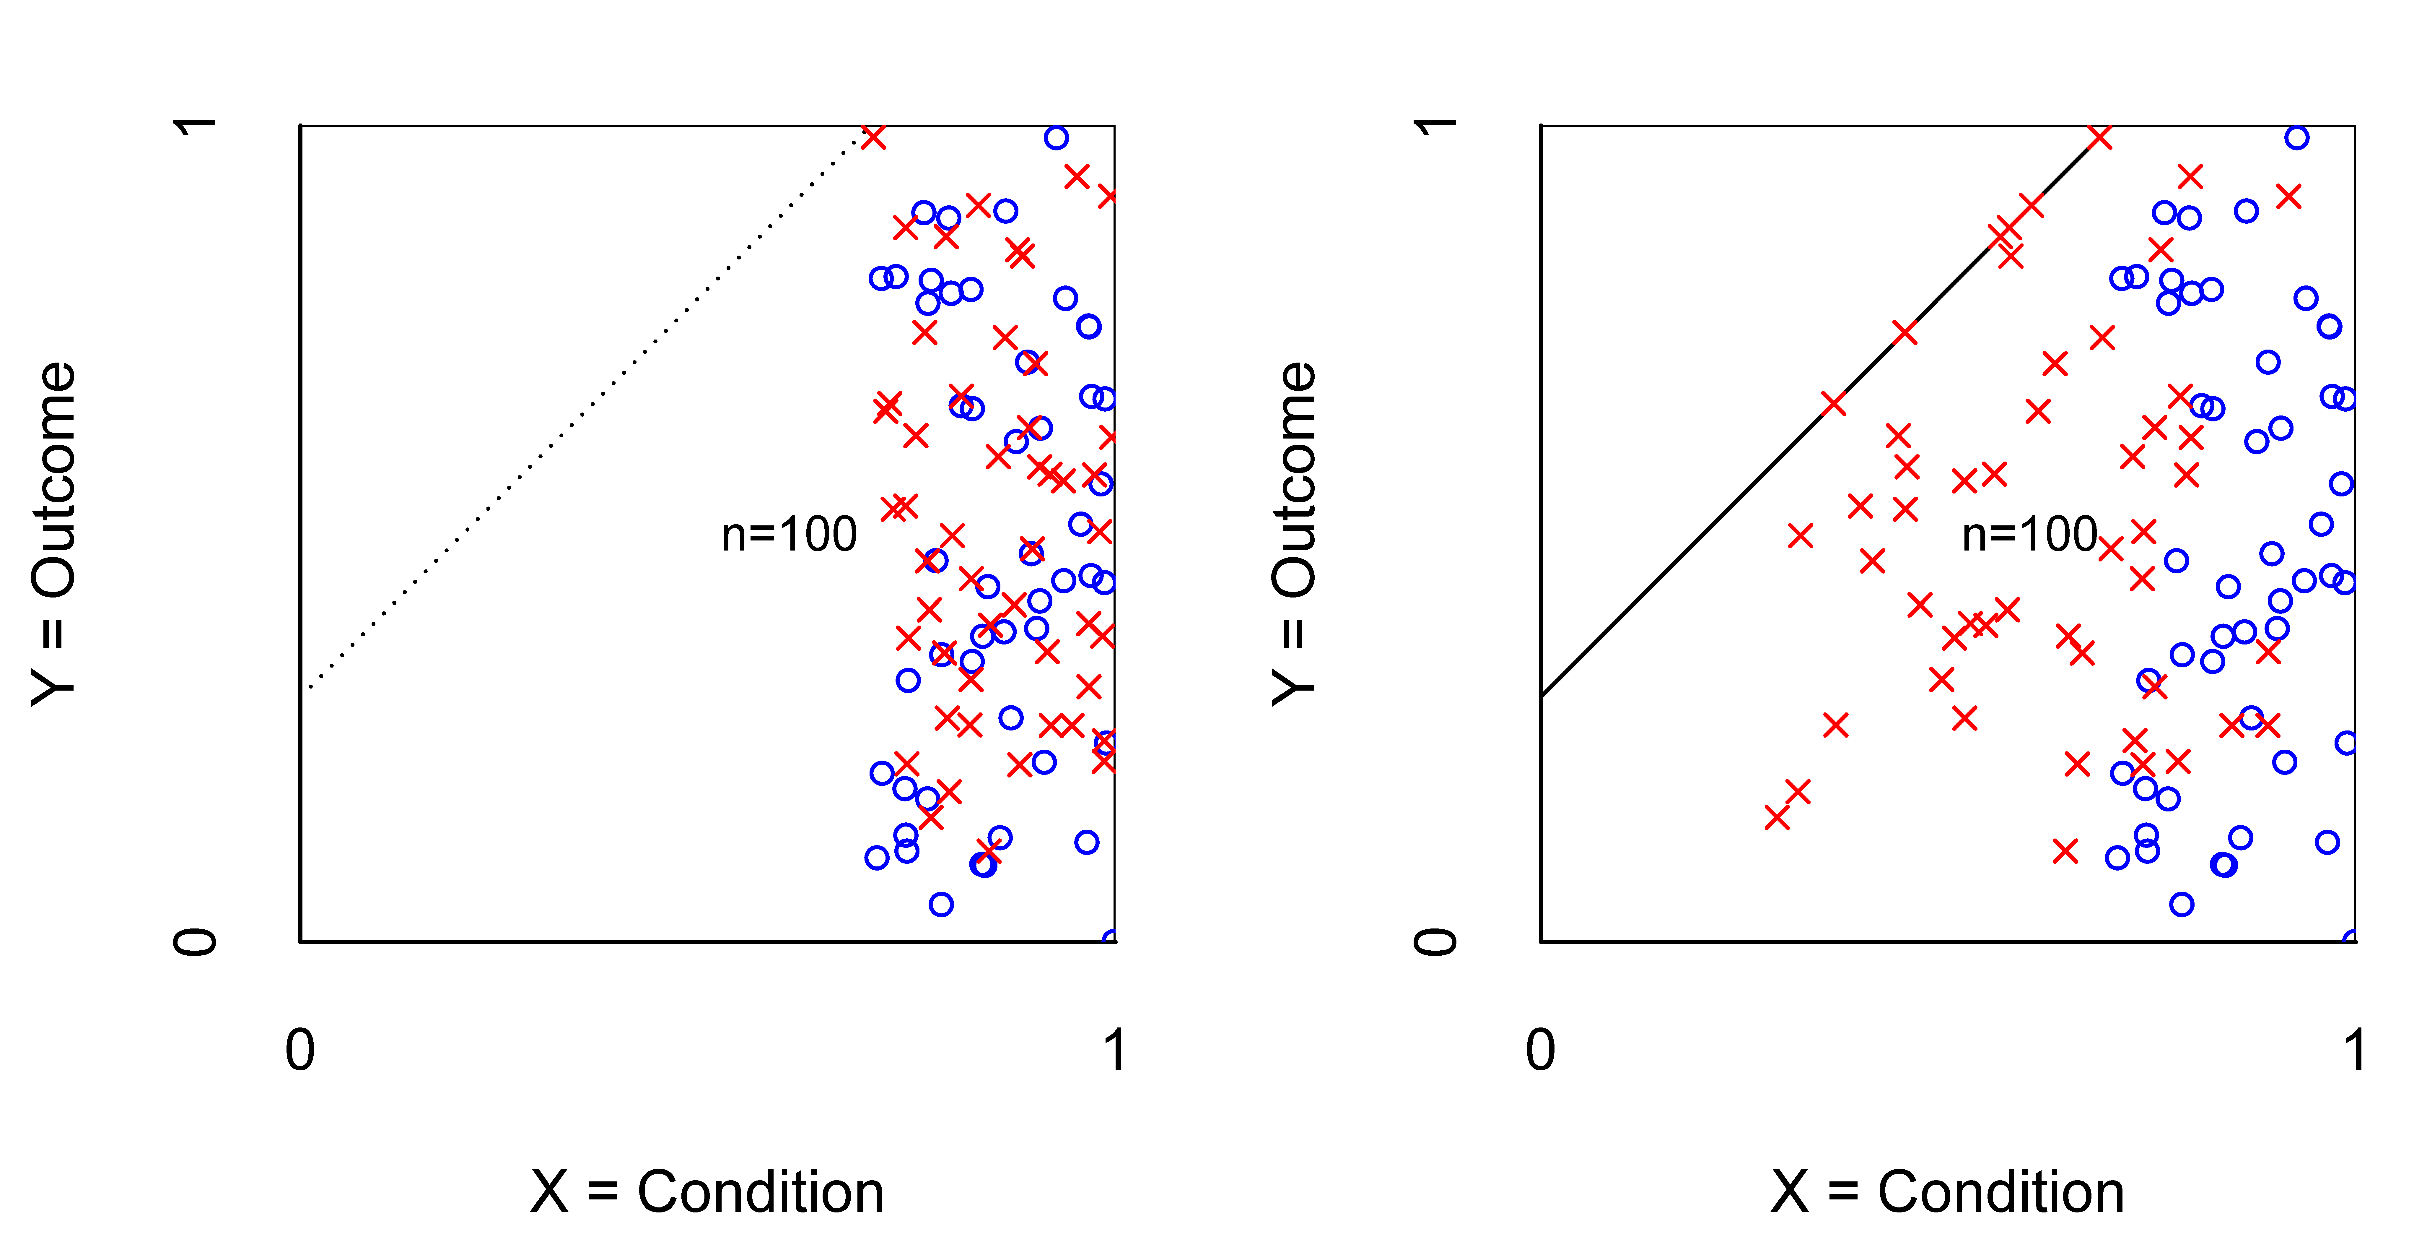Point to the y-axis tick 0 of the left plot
coord(196,941)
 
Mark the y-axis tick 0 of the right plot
coord(1437,941)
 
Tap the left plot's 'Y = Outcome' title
coord(54,533)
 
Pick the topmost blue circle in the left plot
coord(1056,138)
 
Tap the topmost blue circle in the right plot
coord(2297,138)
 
